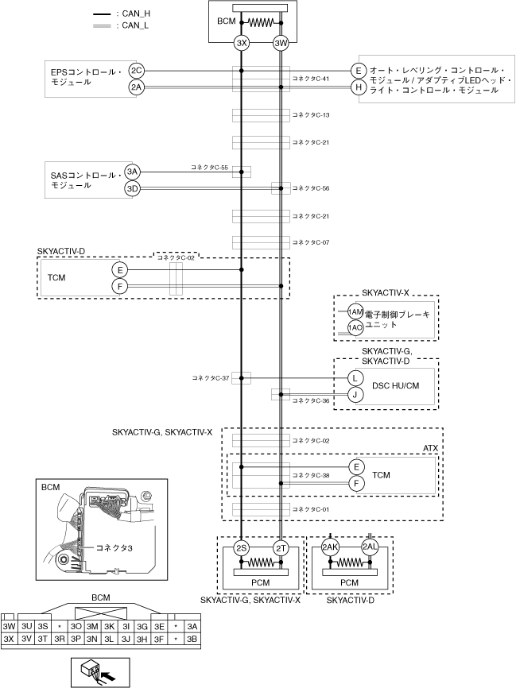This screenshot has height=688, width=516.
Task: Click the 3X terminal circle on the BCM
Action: click(241, 43)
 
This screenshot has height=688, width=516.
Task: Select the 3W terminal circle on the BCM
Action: click(281, 43)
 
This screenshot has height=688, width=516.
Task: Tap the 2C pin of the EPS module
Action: click(137, 71)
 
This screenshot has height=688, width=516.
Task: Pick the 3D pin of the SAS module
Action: click(132, 189)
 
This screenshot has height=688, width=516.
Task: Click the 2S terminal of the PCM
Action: click(241, 548)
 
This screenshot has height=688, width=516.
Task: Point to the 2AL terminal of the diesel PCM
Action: click(370, 547)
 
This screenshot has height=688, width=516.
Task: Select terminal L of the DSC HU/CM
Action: click(355, 378)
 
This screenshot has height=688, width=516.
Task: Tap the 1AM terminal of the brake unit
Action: click(355, 312)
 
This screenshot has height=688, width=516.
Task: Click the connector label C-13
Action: click(311, 115)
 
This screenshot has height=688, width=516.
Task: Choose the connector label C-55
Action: click(209, 167)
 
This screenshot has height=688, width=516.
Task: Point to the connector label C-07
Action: click(311, 242)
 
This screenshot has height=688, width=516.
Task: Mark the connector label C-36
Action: click(311, 400)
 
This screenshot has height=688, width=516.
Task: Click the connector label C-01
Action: click(311, 509)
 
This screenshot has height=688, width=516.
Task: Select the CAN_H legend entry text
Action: click(134, 14)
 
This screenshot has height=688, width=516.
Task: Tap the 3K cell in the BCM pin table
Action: click(109, 627)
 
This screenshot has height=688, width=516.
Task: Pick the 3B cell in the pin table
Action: click(192, 639)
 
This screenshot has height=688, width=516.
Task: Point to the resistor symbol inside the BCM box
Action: click(261, 23)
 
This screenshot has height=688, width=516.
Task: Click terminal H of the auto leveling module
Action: click(359, 87)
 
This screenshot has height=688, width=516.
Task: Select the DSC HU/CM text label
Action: click(395, 385)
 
